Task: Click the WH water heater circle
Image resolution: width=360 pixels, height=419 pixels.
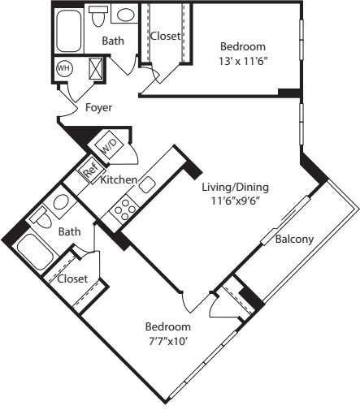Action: pos(63,69)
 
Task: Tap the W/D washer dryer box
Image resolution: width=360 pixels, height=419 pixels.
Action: pos(109,147)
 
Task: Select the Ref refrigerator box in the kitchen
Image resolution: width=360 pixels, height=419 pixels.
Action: pos(89,171)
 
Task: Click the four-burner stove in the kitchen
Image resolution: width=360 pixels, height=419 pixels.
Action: pos(124,211)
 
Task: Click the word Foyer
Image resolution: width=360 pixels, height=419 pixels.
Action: pos(98,107)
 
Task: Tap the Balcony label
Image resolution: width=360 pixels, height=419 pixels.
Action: pos(295,239)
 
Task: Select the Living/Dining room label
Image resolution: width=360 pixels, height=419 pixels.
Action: pos(235,187)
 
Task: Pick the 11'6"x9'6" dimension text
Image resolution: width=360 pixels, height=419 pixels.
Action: pos(235,201)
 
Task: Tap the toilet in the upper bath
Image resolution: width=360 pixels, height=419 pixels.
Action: pos(99,15)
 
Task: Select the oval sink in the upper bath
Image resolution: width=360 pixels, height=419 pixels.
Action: pos(125,15)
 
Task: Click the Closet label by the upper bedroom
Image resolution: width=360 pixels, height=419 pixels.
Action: pos(164,36)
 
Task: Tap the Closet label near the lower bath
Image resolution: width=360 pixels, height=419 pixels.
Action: pos(72,279)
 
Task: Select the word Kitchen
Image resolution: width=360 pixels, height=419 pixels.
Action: pos(118,179)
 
